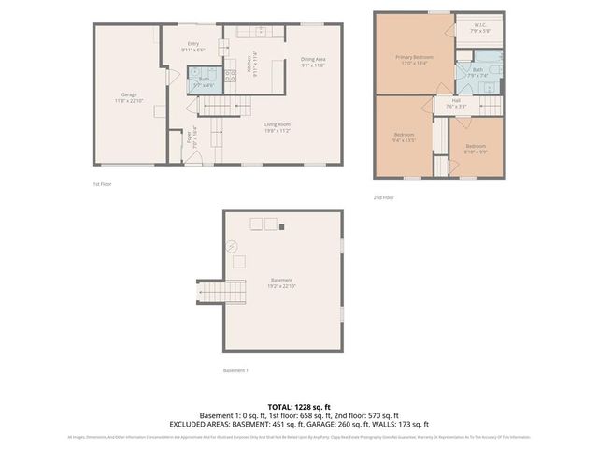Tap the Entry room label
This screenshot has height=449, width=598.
click(x=193, y=47)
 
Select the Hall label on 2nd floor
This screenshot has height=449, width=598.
click(x=456, y=103)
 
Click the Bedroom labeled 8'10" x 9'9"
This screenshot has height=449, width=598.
click(x=476, y=149)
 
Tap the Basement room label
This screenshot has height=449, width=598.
click(x=282, y=283)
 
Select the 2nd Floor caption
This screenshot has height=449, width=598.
click(x=384, y=197)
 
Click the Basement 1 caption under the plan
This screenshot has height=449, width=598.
click(x=235, y=370)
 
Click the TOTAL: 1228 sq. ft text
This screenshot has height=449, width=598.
click(x=299, y=407)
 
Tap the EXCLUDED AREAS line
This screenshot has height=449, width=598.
click(x=299, y=424)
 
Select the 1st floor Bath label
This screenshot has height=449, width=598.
click(x=204, y=81)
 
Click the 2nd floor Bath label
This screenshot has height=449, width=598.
click(x=477, y=72)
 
